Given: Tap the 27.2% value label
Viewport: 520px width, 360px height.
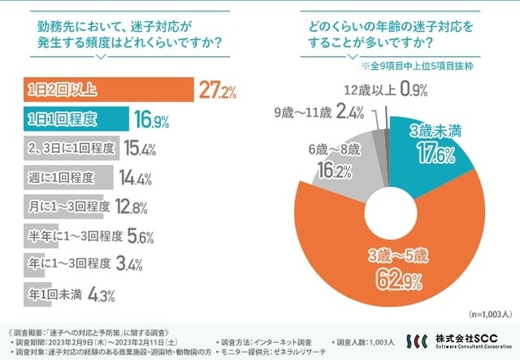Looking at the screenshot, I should tap(217, 90).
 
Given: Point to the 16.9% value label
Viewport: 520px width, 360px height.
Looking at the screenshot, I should tap(151, 121).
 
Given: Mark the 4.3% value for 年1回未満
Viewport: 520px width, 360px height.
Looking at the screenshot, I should tap(100, 297).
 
